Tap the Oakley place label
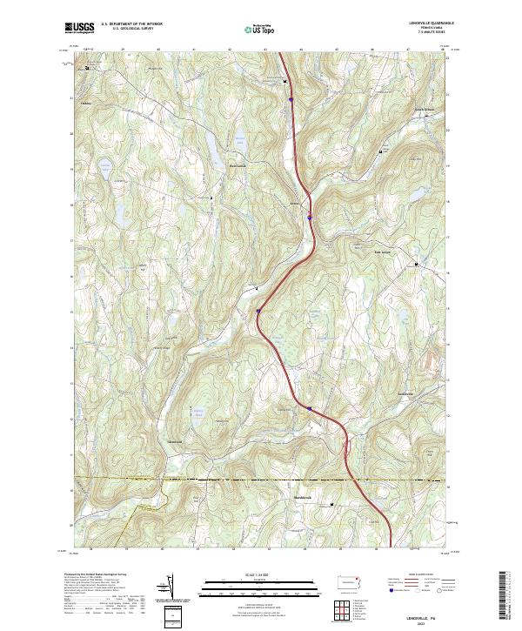click(86, 103)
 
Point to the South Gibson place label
click(422, 109)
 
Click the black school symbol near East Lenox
click(416, 264)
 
